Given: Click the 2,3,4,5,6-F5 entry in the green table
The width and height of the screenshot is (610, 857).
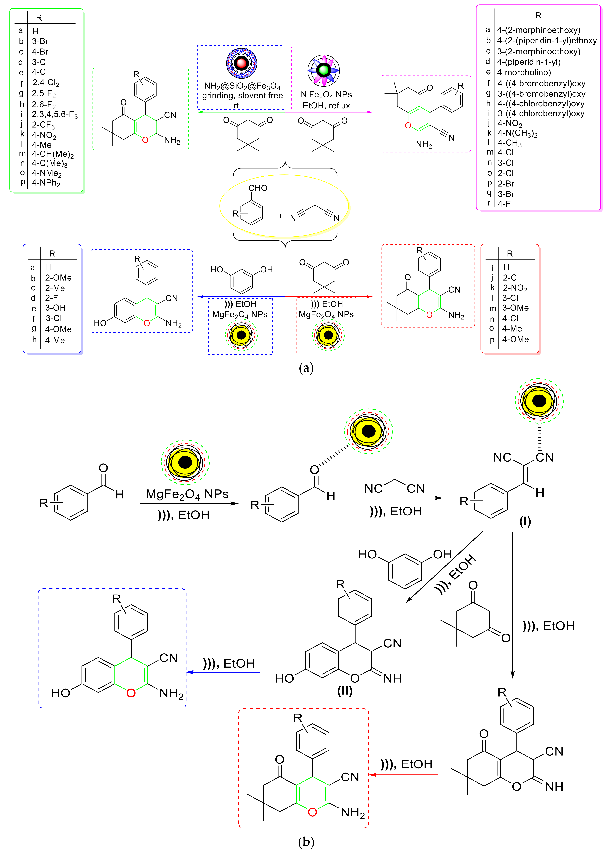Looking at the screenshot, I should (54, 115).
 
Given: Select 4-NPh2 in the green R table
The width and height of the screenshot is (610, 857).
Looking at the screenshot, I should (46, 183).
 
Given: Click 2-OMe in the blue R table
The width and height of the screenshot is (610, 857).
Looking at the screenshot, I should (58, 278).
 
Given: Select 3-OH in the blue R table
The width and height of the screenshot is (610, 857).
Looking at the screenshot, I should (55, 308).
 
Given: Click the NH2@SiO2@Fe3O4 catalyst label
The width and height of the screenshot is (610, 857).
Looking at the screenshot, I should (242, 86).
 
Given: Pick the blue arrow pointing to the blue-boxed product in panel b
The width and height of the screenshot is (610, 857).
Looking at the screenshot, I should (224, 672).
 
